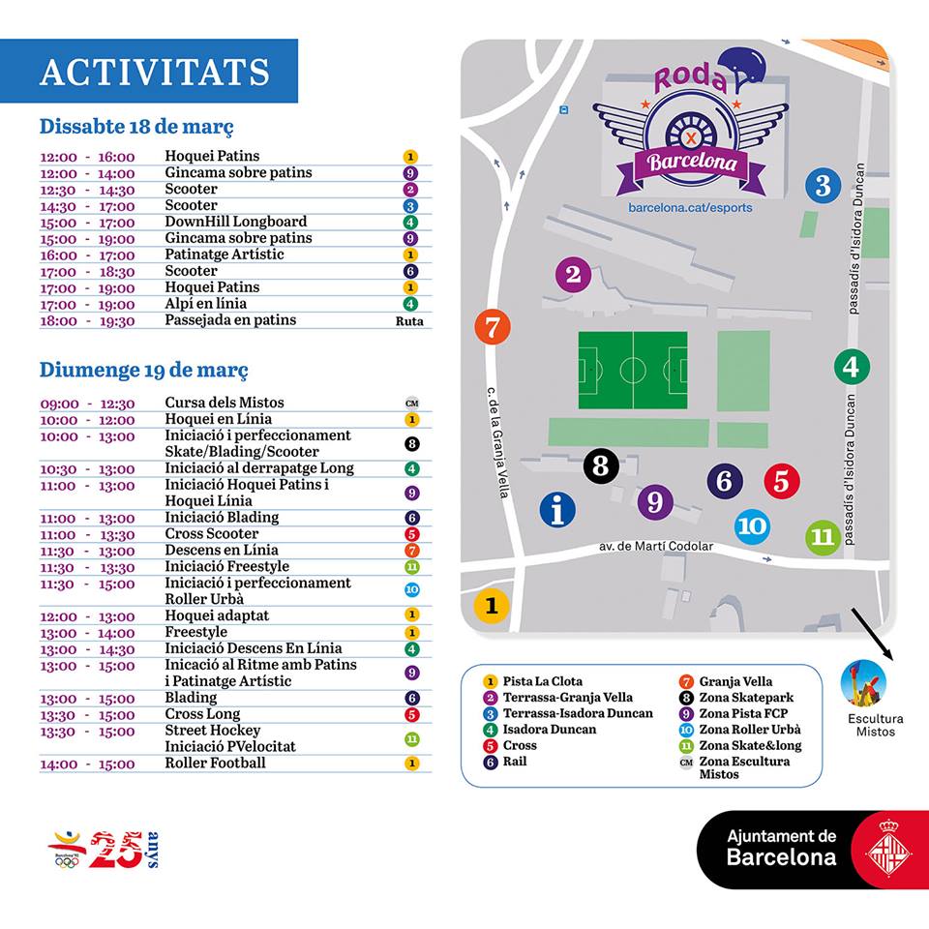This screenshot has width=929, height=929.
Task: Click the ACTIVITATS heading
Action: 155,72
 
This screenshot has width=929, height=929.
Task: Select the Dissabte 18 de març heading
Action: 136,127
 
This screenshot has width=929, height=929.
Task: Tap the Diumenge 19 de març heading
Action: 143,370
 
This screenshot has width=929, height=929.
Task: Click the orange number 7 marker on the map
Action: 493,327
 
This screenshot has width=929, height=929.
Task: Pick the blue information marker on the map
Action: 557,508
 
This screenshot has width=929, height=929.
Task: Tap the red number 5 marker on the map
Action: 782,481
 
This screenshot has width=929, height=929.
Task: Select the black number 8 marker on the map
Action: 601,466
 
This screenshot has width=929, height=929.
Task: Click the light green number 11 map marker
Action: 823,536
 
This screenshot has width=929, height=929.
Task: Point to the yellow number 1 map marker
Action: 492,607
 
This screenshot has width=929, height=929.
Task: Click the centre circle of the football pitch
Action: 633,370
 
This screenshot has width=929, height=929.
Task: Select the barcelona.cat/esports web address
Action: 690,208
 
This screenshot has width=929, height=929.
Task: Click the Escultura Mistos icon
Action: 863,682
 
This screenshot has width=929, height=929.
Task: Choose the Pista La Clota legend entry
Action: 543,681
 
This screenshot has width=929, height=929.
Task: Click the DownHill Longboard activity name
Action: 235,222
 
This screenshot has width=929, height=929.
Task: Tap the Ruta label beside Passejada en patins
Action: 409,321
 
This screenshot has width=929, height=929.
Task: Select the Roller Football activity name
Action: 215,763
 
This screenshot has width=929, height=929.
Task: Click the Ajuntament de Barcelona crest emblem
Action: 883,849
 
